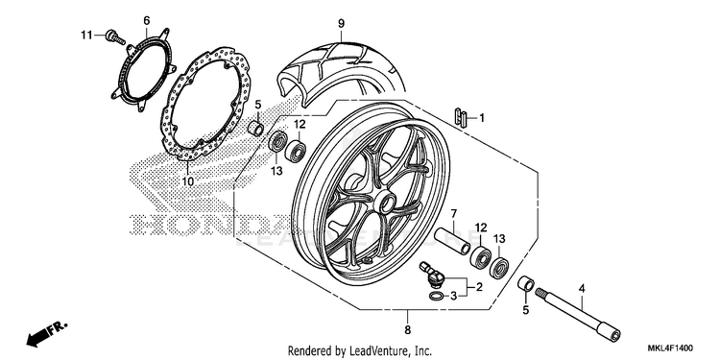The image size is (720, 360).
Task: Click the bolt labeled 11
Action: tap(115, 37)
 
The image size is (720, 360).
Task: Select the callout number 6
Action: tap(147, 20)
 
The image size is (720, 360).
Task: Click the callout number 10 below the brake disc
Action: tap(188, 181)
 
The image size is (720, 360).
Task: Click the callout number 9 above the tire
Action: tap(341, 23)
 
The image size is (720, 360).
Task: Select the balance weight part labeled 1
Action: tap(461, 118)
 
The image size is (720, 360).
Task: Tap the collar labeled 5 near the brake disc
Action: tap(255, 129)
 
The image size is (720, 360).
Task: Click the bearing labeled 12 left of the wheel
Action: tap(296, 151)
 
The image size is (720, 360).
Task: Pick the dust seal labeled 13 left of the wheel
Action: tap(277, 142)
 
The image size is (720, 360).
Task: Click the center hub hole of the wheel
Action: tap(385, 202)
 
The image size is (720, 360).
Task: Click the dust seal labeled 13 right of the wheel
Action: tap(499, 268)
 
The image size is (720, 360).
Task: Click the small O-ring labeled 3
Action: tap(436, 297)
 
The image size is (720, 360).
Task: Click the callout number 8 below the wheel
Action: tap(407, 329)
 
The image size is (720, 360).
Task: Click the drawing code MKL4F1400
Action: tap(671, 348)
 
